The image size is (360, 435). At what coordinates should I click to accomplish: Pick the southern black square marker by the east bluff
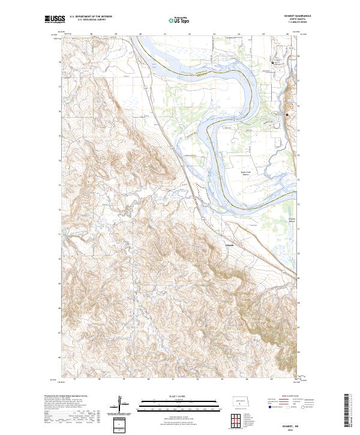[287, 115]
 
